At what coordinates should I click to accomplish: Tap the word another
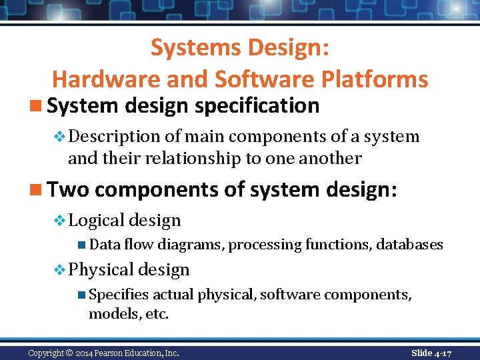[x=330, y=159]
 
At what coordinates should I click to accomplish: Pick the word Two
[x=68, y=190]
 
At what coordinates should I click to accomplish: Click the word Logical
[x=95, y=221]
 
